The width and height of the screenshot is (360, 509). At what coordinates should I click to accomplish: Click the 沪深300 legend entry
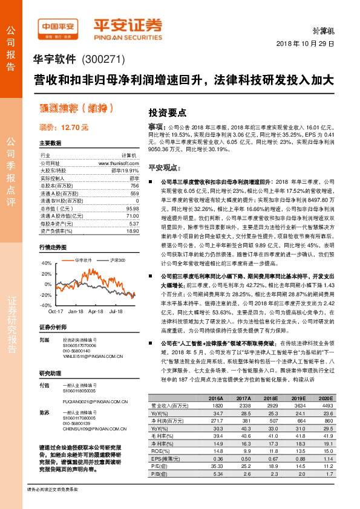coord(118,260)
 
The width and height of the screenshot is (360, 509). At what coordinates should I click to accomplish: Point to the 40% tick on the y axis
coord(47,264)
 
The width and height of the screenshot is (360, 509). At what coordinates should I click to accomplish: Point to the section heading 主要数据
coord(50,143)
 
